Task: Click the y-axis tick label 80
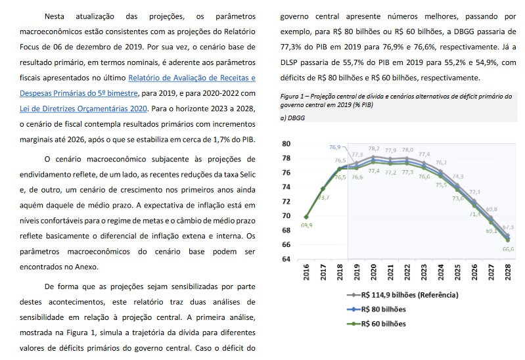[x=285, y=144]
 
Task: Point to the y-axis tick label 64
[x=285, y=259]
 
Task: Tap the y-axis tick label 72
[x=285, y=201]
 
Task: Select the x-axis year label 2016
[x=307, y=274]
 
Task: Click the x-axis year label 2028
[x=509, y=274]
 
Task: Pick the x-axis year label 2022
[x=408, y=274]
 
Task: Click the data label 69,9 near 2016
[x=306, y=225]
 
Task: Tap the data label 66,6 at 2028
[x=508, y=250]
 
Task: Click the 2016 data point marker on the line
[x=307, y=217]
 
